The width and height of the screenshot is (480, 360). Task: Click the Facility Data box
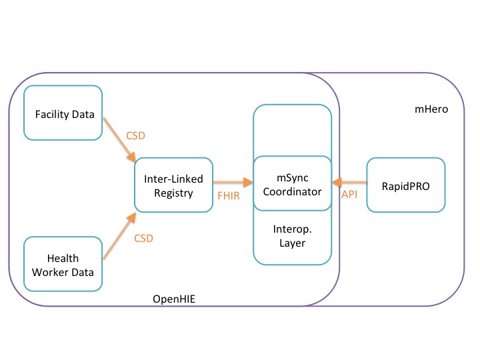63,113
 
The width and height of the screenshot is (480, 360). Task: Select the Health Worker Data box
63,265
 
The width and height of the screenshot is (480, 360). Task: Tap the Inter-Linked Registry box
173,185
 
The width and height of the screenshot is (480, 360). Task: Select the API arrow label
350,194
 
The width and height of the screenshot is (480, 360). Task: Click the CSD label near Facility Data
136,135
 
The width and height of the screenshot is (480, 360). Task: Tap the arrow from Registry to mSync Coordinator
233,181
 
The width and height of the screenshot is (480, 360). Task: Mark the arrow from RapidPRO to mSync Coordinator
349,181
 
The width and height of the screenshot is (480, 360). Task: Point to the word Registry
173,193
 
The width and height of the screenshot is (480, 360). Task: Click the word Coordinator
292,191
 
